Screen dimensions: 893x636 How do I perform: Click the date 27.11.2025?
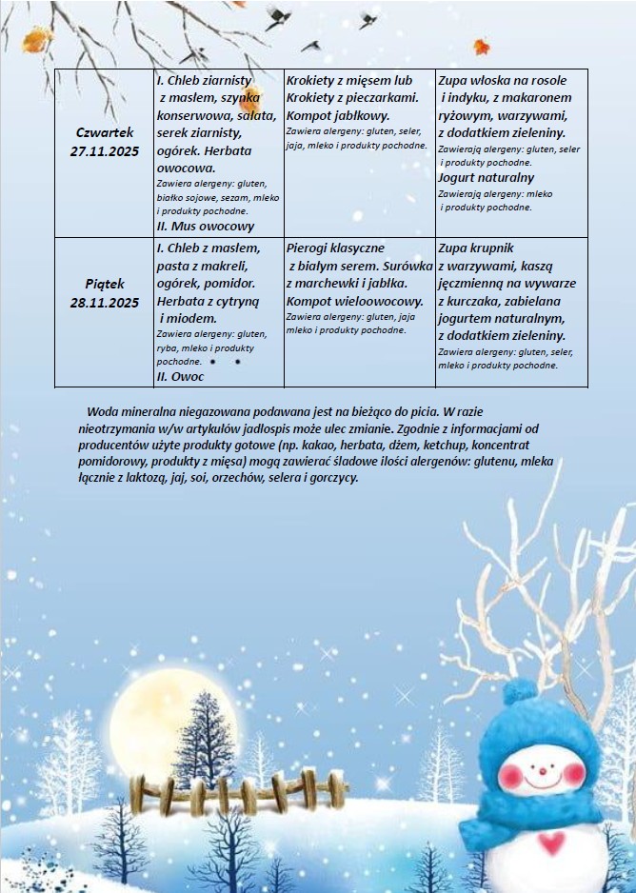(105, 150)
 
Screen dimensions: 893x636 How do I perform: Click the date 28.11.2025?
(105, 303)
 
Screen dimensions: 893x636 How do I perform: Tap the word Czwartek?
(105, 132)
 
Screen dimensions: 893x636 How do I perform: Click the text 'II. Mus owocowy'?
(205, 227)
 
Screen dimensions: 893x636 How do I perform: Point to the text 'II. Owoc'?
(180, 376)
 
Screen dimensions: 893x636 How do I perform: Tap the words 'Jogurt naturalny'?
(486, 178)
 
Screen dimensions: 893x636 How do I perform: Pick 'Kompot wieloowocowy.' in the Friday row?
(354, 301)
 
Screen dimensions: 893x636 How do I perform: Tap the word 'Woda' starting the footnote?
(102, 413)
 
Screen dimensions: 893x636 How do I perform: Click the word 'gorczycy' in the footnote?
(332, 478)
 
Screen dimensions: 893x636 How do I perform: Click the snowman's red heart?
(550, 843)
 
